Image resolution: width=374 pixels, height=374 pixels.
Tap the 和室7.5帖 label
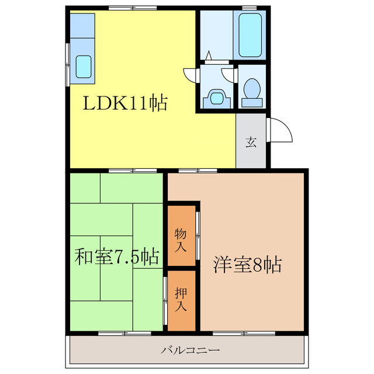point(117,257)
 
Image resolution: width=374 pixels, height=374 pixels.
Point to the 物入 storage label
point(182,240)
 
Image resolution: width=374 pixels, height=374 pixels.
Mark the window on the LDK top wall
point(131,7)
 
